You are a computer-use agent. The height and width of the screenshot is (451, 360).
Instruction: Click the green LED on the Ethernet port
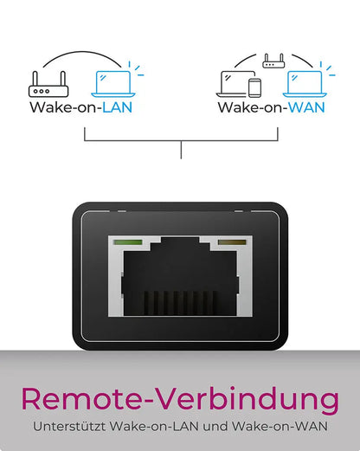pos(128,242)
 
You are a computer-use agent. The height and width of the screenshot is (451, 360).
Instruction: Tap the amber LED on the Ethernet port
pos(232,242)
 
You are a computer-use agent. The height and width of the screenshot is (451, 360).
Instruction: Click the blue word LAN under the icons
pos(118,107)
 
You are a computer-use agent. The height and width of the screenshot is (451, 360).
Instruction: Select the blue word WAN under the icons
pos(306,107)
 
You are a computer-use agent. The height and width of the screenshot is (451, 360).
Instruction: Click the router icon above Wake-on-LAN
pos(48,84)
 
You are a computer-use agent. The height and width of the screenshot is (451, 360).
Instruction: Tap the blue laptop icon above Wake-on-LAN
pos(113,84)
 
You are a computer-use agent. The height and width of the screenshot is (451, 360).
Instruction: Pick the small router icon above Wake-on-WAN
pos(273,61)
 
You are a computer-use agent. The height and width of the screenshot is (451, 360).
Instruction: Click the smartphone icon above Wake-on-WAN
pos(254,87)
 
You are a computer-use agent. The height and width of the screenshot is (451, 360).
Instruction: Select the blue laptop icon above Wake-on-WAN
pos(305,84)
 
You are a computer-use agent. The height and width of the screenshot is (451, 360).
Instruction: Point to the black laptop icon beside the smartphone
pos(234,84)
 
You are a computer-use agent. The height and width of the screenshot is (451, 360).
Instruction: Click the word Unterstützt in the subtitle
pos(69,426)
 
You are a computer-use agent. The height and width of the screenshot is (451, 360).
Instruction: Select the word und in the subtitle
pos(215,426)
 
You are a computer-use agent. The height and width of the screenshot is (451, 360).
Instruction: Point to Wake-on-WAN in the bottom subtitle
pos(280,426)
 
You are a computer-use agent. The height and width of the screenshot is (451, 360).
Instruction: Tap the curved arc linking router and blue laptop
pos(82,53)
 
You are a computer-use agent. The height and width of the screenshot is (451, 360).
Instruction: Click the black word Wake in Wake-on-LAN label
pos(49,107)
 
